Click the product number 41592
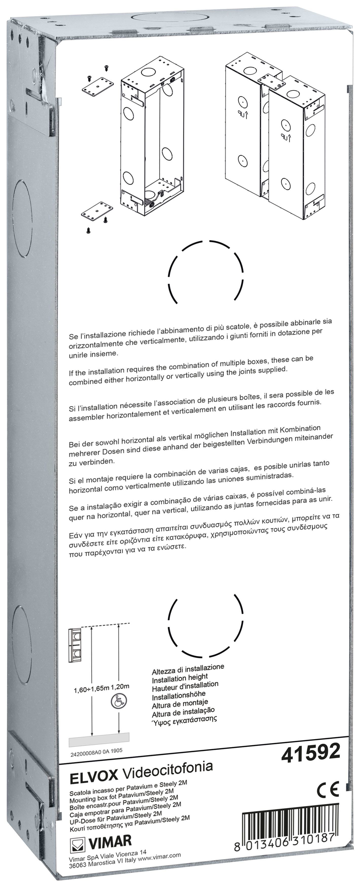[x=311, y=752]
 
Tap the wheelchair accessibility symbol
[x=118, y=700]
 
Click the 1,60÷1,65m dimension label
[x=91, y=689]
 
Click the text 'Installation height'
[x=180, y=679]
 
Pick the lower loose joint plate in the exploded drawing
[x=97, y=211]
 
